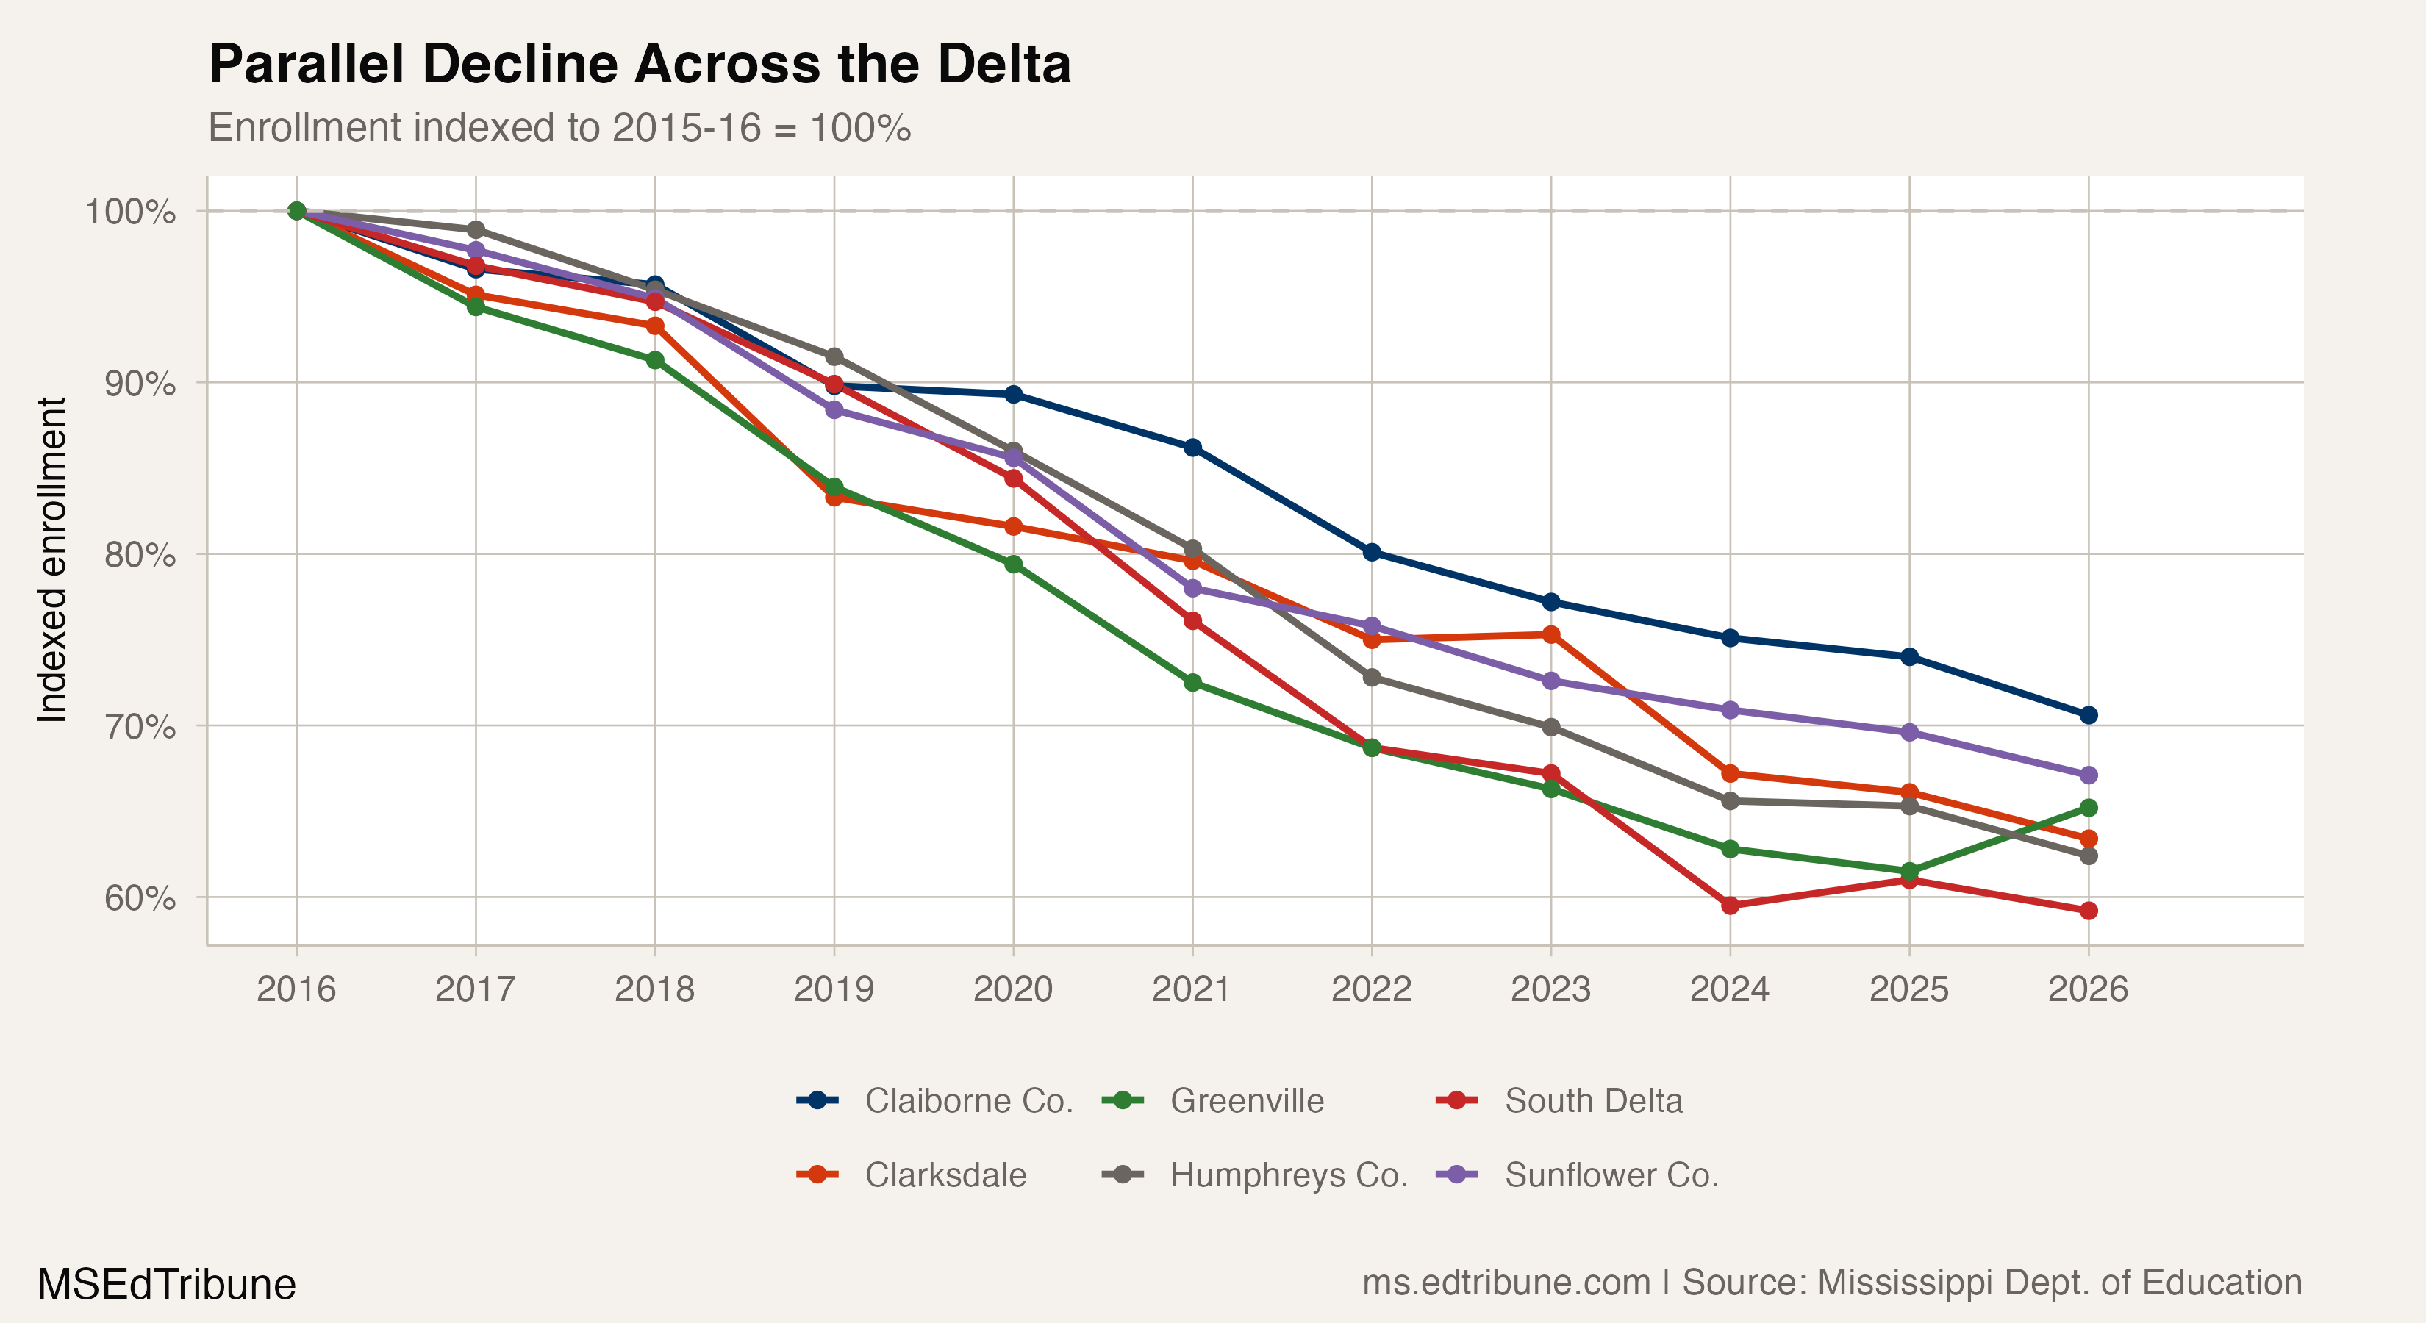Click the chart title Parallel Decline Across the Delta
tap(639, 64)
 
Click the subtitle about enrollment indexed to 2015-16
tap(559, 128)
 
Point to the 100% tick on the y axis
tap(130, 211)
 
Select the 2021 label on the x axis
tap(1192, 989)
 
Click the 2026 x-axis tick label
tap(2088, 989)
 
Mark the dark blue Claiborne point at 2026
tap(2088, 714)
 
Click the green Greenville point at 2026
tap(2088, 808)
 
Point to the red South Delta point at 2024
tap(1730, 905)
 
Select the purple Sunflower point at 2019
tap(834, 409)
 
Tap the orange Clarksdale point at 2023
tap(1551, 634)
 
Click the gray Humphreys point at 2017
tap(476, 230)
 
